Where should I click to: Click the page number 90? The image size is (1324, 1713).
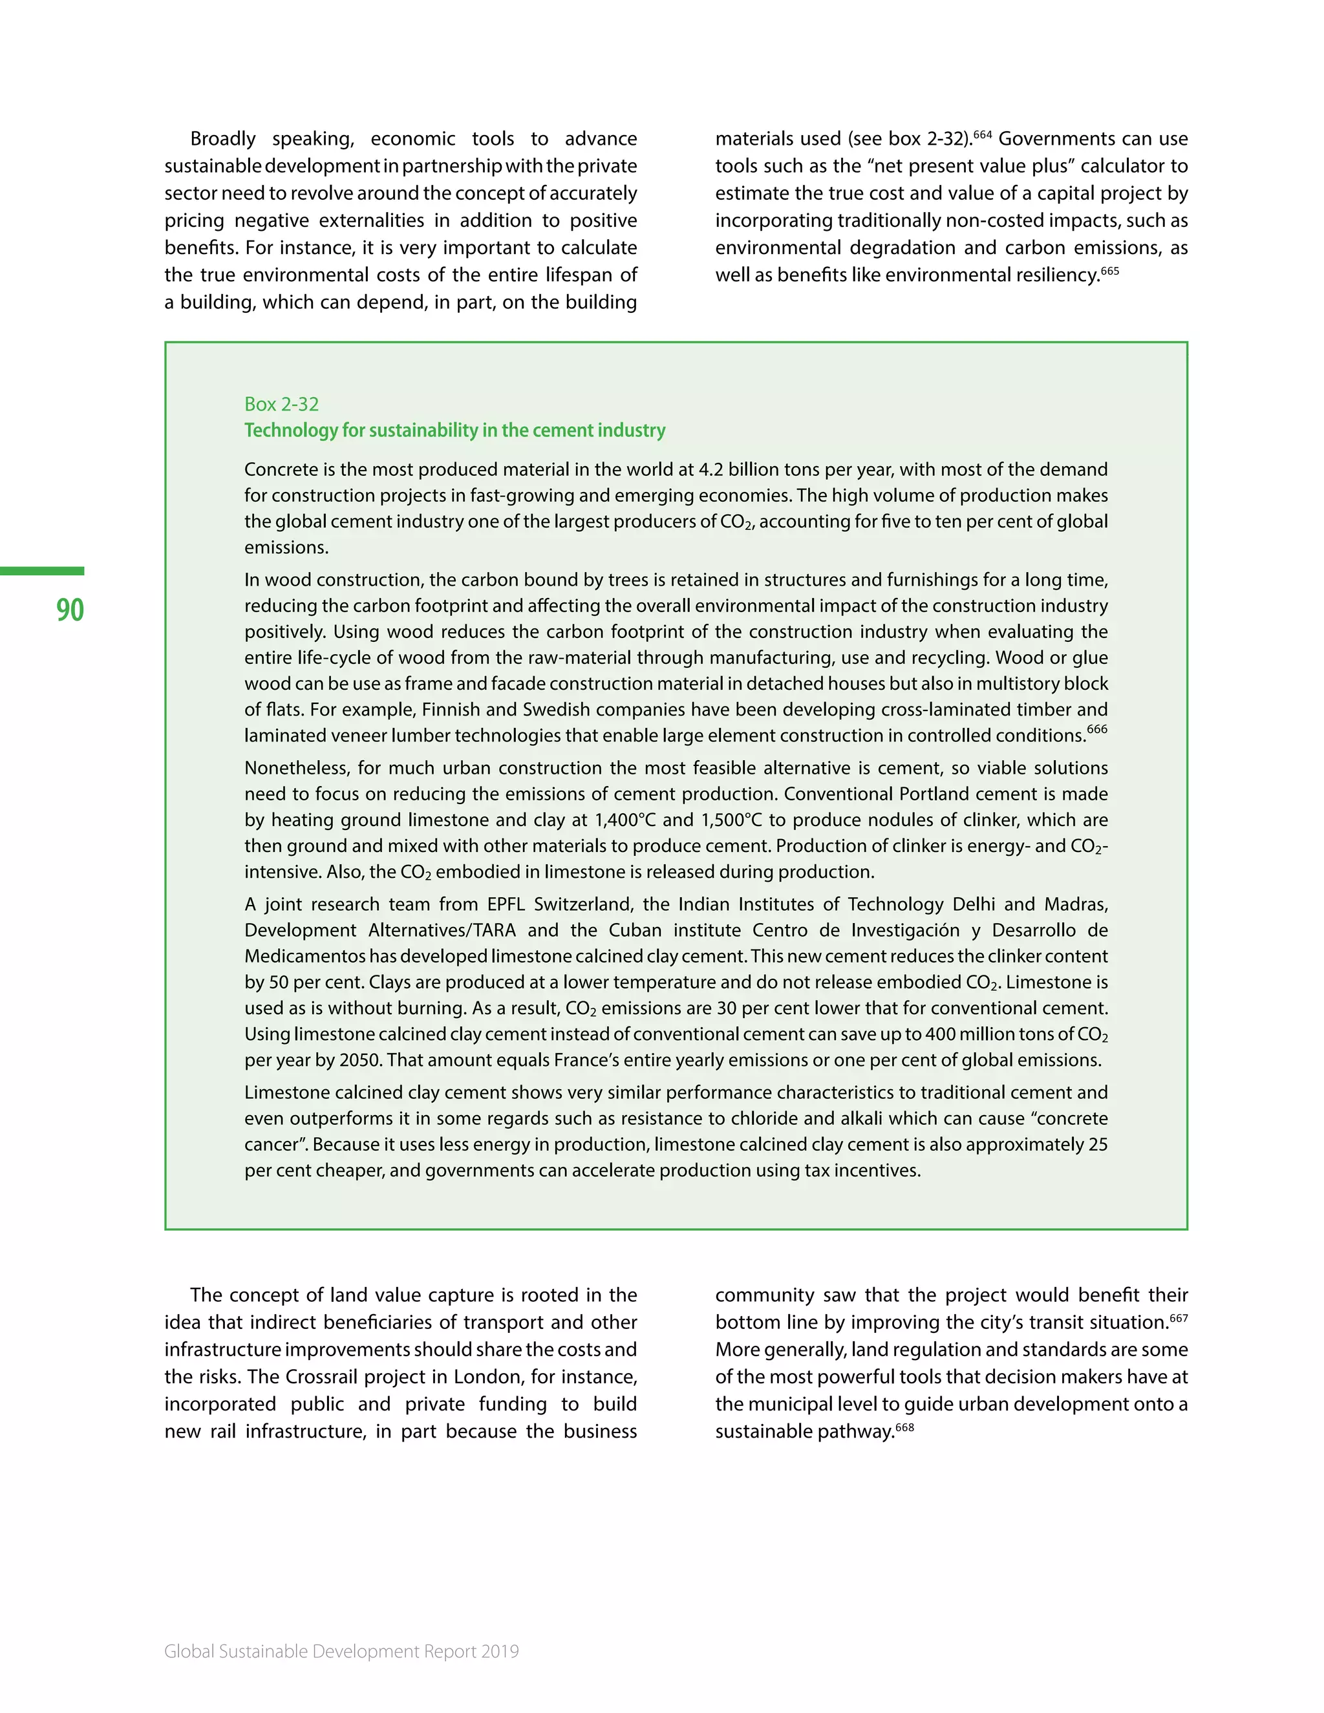tap(70, 610)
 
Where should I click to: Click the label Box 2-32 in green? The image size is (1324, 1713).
tap(282, 404)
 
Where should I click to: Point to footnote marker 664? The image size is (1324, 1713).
tap(983, 134)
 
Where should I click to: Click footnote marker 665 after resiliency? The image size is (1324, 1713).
tap(1109, 271)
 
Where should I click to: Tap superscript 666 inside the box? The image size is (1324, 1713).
tap(1097, 729)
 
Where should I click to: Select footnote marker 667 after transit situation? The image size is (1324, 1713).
tap(1179, 1319)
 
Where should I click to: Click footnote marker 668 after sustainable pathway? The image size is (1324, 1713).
tap(904, 1427)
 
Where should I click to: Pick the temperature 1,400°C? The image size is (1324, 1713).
tap(625, 820)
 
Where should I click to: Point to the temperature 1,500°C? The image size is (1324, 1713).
tap(731, 820)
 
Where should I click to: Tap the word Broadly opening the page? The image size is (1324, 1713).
tap(223, 139)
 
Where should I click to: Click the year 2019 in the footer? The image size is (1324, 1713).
tap(500, 1651)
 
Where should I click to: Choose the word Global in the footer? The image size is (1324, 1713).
tap(189, 1651)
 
